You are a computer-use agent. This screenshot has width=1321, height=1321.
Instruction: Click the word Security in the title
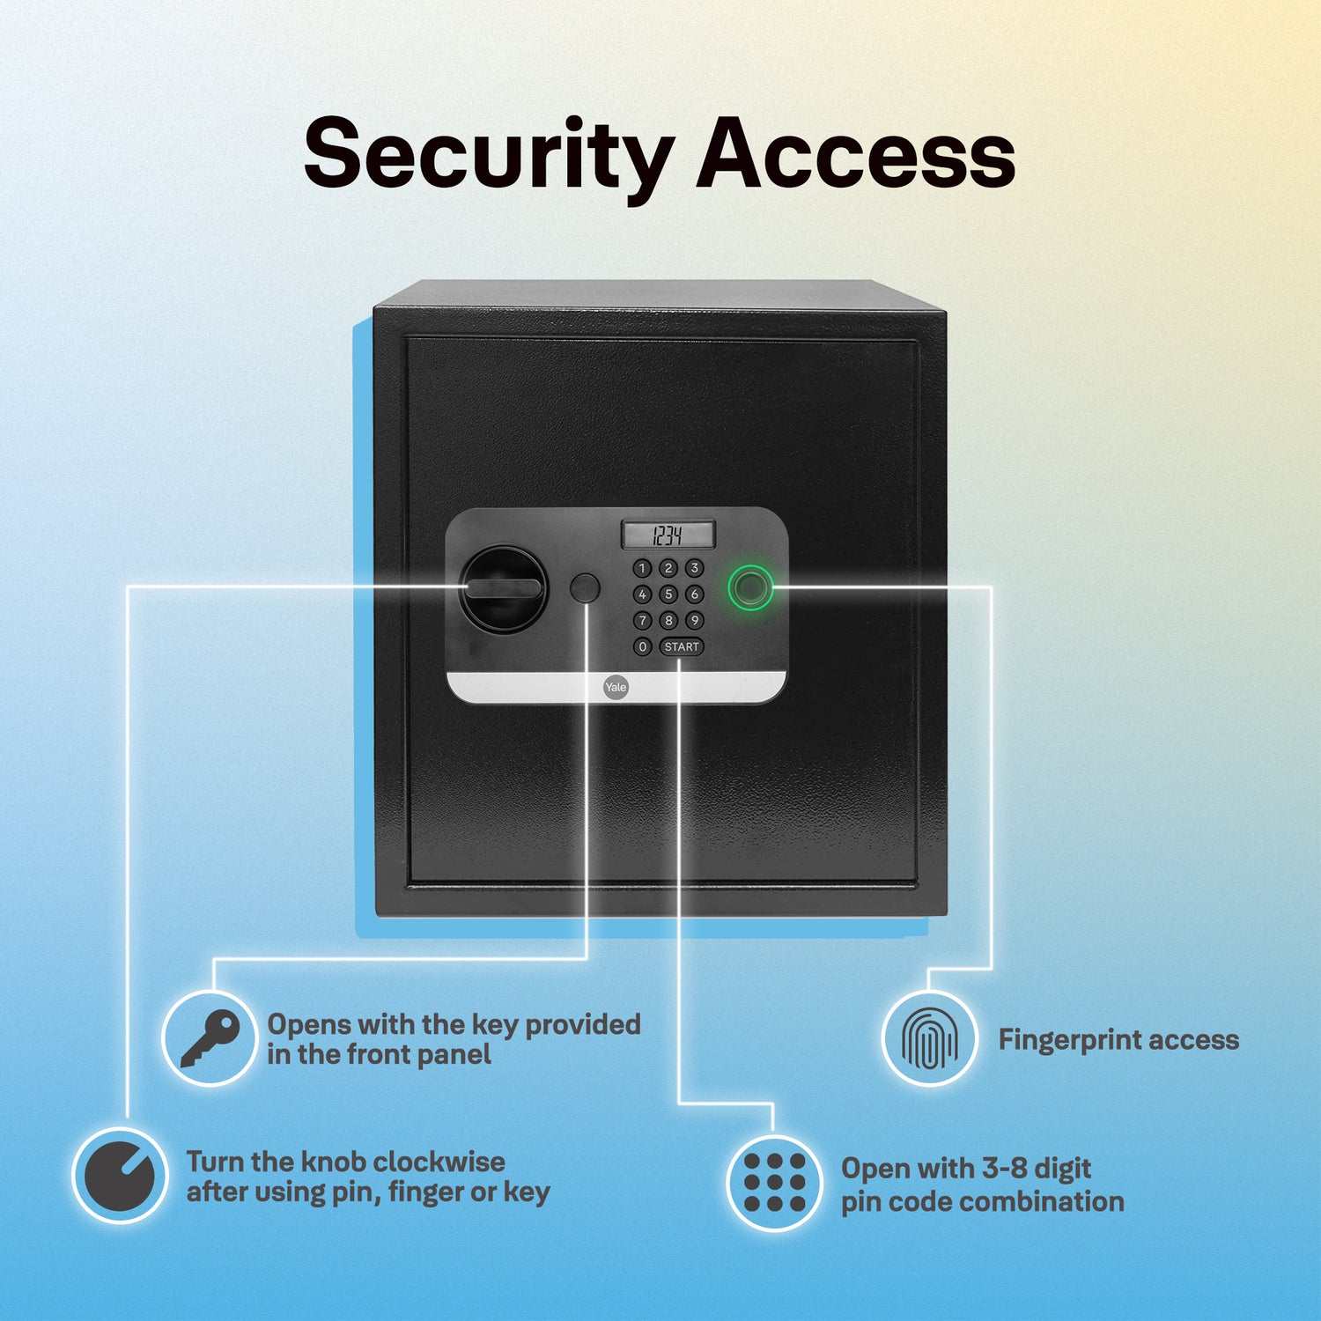(x=489, y=157)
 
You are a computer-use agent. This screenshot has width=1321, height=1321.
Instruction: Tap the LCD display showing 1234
(x=668, y=535)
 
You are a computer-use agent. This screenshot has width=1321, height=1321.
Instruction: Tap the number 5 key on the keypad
(x=668, y=594)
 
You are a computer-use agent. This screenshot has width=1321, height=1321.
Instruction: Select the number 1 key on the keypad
(x=643, y=568)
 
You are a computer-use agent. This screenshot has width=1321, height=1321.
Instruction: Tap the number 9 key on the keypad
(x=695, y=620)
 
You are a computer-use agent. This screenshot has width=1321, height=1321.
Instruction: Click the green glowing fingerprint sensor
(x=751, y=587)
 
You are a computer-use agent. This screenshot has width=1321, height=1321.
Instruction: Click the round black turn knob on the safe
(x=504, y=588)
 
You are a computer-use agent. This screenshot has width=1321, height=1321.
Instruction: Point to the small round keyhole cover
(x=585, y=588)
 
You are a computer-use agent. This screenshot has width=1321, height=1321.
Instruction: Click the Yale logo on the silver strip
(x=616, y=687)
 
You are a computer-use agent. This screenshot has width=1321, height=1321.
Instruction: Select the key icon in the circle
(x=210, y=1038)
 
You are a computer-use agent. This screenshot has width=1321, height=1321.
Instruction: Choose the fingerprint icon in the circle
(x=929, y=1038)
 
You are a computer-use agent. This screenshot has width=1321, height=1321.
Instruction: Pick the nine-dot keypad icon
(x=774, y=1182)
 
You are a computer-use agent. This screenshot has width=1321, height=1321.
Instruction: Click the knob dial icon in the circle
(x=120, y=1176)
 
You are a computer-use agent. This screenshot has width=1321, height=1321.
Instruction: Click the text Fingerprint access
(x=1118, y=1040)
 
